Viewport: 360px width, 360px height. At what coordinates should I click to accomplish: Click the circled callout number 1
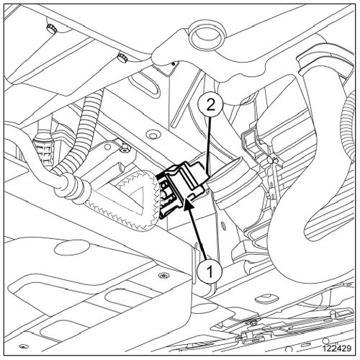click(x=210, y=272)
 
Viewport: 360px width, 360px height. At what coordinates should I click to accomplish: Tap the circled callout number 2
click(x=211, y=106)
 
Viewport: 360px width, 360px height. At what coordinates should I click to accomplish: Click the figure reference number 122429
click(x=337, y=348)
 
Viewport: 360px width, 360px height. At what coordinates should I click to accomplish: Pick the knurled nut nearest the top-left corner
click(x=51, y=27)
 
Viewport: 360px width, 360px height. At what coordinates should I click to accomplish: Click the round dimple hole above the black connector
click(x=153, y=135)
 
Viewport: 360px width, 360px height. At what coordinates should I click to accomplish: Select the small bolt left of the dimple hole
click(x=125, y=148)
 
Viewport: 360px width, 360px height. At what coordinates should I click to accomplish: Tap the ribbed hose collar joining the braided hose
click(x=70, y=185)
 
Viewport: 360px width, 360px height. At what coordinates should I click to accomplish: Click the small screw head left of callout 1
click(x=164, y=276)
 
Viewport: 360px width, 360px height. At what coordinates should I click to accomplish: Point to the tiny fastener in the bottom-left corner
click(x=24, y=346)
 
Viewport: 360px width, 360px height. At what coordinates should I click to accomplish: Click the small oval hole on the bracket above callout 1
click(x=223, y=225)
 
